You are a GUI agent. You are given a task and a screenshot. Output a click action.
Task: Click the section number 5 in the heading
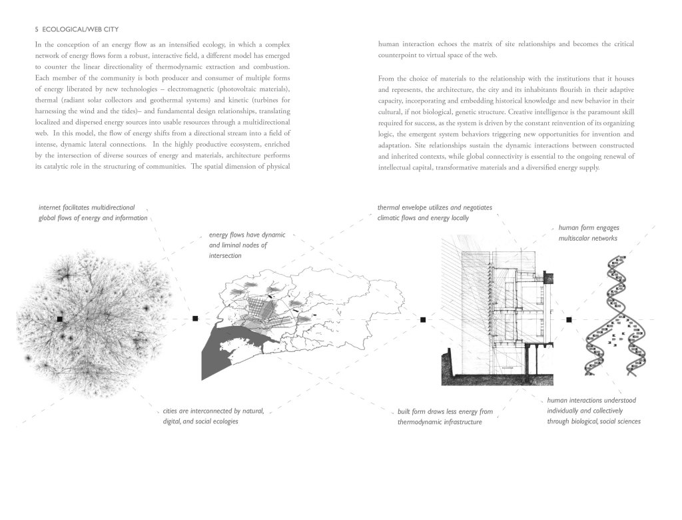35,29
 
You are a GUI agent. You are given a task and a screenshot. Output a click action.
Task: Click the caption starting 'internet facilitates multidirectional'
93,213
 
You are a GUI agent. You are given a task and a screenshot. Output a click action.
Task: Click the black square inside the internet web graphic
60,320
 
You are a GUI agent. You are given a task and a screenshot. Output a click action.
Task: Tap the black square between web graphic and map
195,319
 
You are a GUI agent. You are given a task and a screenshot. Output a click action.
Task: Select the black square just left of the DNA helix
569,320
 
